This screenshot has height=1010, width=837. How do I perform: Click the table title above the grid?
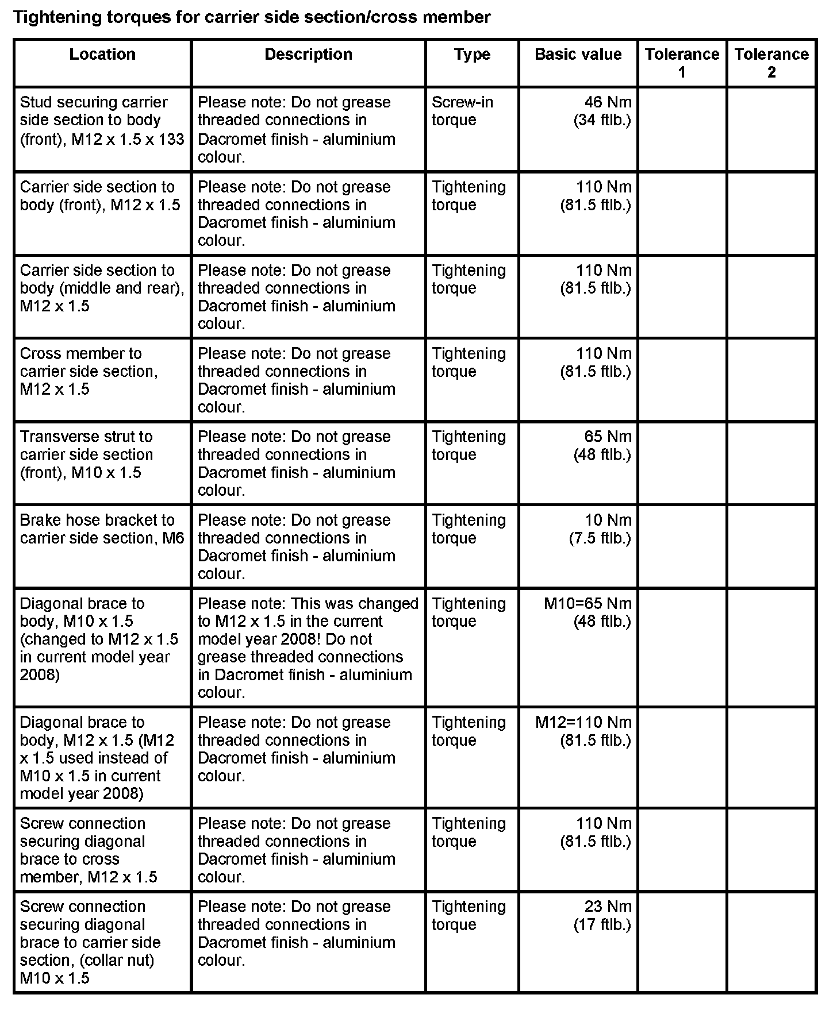[252, 17]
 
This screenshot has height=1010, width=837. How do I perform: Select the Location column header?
[102, 55]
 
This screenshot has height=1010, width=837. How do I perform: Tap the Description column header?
[308, 55]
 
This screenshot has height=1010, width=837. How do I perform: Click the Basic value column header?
[578, 55]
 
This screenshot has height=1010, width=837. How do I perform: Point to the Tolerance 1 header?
[682, 63]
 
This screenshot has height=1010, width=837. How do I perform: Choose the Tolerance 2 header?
[771, 63]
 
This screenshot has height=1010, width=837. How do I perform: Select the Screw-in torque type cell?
[462, 111]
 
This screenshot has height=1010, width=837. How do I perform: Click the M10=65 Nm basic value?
[588, 612]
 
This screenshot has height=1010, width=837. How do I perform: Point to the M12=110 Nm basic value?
[583, 731]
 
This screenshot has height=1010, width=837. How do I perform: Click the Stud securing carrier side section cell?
[102, 120]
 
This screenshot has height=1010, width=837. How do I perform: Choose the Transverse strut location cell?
[86, 454]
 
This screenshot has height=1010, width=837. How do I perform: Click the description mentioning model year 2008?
[308, 647]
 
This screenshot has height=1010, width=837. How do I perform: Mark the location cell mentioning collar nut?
[90, 942]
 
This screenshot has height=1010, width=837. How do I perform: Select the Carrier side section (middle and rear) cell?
[102, 288]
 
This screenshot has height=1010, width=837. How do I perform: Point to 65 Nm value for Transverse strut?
[602, 445]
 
